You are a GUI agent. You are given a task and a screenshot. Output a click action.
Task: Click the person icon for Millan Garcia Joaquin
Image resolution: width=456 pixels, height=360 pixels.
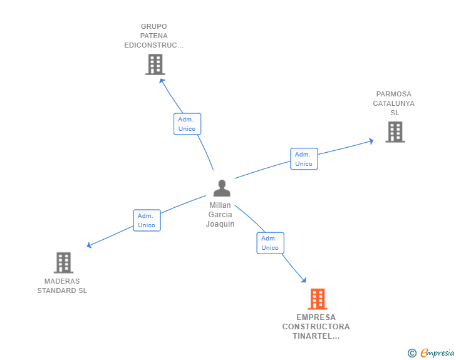222,188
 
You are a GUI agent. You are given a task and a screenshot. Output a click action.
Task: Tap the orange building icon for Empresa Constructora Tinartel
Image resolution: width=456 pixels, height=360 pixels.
318,299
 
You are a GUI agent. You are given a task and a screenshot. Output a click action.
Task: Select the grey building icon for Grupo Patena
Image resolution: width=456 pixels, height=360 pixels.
155,64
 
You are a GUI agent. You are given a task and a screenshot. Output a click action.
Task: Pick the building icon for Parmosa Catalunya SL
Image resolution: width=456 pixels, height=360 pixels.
395,131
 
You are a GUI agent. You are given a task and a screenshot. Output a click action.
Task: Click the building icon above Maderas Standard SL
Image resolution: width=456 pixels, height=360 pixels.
63,262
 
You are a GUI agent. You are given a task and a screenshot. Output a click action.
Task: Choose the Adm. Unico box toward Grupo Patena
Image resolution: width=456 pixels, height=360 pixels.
187,124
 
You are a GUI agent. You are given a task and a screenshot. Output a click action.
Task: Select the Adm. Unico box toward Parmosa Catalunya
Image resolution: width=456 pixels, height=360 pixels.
304,159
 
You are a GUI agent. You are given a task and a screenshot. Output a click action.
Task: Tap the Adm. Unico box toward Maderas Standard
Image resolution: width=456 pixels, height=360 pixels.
147,220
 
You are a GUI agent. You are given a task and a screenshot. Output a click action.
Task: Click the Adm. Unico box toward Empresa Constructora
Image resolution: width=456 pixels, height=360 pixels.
270,243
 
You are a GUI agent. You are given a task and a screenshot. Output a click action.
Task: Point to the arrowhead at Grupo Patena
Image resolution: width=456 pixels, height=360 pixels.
161,80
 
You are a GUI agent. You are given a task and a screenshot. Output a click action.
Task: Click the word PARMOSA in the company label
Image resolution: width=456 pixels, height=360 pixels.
394,94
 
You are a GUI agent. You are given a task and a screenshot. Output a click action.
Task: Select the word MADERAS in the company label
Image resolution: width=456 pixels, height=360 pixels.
62,281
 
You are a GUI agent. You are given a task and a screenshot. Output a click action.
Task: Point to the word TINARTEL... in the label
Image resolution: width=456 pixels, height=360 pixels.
316,336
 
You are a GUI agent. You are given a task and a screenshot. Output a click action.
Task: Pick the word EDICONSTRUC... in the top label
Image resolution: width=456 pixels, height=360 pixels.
153,45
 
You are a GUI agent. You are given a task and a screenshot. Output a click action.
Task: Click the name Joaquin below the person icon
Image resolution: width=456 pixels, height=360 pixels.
220,224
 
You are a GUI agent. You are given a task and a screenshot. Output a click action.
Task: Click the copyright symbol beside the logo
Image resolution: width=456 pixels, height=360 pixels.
412,354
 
